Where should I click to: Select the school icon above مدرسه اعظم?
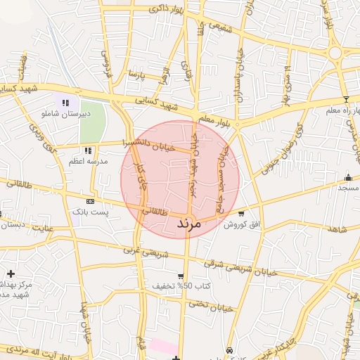(88, 150)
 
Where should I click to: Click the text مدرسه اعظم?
(88, 162)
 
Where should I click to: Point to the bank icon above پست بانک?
(89, 200)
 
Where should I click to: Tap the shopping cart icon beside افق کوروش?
(242, 214)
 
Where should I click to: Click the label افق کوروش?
(239, 225)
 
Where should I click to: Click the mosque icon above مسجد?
(348, 177)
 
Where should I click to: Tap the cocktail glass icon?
(345, 99)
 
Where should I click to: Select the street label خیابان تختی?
(211, 306)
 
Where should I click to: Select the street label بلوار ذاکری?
(163, 11)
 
